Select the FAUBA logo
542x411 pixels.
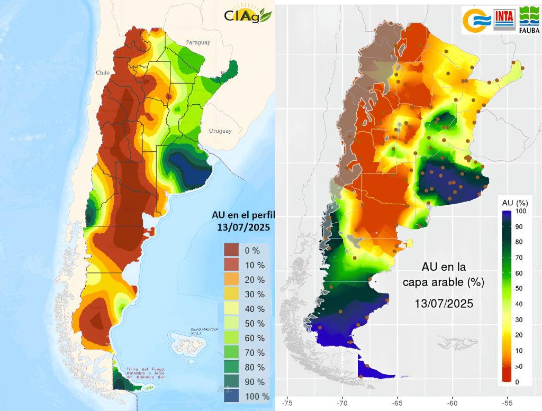(529, 20)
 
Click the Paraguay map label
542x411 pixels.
(197, 42)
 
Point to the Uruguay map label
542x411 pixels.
(220, 131)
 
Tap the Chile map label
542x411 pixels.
(102, 72)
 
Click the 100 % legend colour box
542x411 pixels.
(232, 396)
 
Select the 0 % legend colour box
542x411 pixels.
(232, 250)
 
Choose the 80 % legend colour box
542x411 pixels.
(232, 367)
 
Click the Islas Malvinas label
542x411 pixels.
(204, 331)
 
